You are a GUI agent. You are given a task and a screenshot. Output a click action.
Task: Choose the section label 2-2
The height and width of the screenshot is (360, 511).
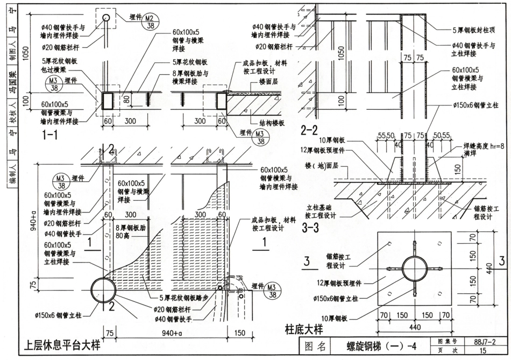310,130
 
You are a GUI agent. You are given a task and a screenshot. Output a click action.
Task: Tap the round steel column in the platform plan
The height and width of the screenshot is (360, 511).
103,291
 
